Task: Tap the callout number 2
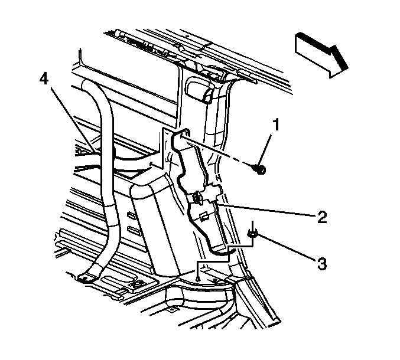point(322,217)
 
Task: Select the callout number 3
point(322,263)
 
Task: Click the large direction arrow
point(321,55)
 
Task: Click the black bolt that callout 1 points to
point(260,169)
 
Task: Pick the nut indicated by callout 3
point(252,233)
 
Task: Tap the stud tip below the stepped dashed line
point(197,279)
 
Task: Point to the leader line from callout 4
point(73,120)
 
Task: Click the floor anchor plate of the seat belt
point(84,277)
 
